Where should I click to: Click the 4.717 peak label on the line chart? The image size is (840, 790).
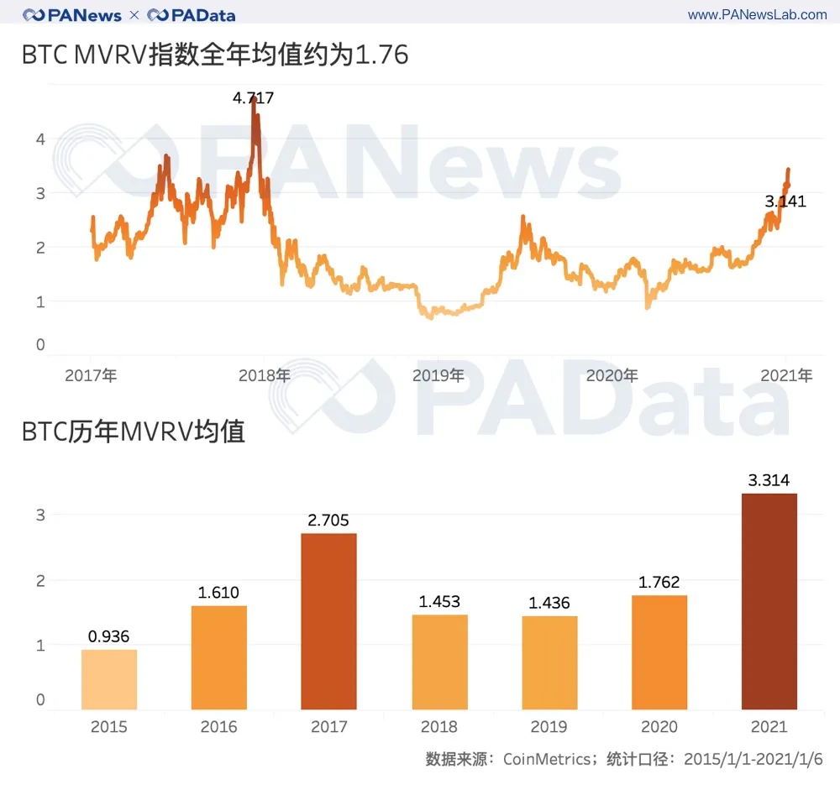coord(253,98)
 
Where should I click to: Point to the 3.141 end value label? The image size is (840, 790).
coord(785,201)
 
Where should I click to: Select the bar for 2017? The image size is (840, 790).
coord(328,621)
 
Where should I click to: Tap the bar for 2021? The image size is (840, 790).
coord(769,601)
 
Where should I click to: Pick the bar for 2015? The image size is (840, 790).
coord(109,679)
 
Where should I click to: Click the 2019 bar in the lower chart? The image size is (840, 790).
coord(549,662)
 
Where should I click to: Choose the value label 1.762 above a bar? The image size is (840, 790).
coord(659,583)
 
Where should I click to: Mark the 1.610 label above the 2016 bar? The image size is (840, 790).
coord(218,593)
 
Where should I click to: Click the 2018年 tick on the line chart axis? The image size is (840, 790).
coord(265,376)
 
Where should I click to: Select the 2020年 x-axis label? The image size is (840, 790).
coord(612,376)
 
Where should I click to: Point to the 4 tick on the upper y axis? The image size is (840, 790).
coord(40,139)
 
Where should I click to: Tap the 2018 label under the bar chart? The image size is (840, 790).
coord(439,727)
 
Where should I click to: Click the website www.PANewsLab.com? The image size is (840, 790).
coord(757,15)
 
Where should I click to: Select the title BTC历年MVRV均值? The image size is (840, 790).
coord(134,432)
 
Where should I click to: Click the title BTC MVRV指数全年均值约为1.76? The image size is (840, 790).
coord(215,55)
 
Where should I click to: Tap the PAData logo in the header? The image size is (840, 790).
coord(192,15)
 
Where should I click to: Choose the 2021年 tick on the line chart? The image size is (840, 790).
coord(788,376)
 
